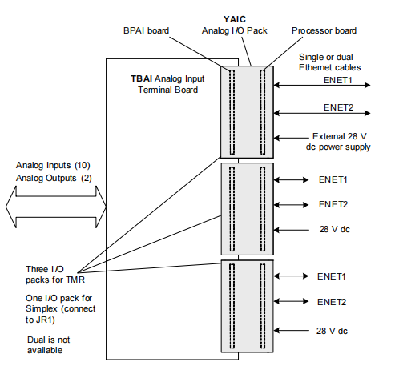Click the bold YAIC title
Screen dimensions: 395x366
235,19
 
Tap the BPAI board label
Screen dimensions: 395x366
146,30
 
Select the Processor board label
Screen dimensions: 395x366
324,30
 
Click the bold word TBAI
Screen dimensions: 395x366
141,78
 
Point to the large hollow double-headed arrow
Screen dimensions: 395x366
56,207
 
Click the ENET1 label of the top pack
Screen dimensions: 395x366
338,80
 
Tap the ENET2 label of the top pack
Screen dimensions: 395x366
338,107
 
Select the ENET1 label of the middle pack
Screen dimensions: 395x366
333,179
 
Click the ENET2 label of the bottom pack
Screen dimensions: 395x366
332,302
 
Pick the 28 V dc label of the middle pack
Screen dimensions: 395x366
335,229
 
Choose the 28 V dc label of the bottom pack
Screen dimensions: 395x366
332,331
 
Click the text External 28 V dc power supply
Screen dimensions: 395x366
338,142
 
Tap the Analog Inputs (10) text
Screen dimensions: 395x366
53,165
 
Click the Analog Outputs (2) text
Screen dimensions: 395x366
54,178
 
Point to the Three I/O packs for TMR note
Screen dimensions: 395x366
55,275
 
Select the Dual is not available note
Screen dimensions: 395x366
48,345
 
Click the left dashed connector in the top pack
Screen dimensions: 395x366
232,112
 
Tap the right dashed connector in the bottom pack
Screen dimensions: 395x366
263,306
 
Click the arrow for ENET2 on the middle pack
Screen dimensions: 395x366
291,205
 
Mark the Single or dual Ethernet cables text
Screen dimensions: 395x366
329,62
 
